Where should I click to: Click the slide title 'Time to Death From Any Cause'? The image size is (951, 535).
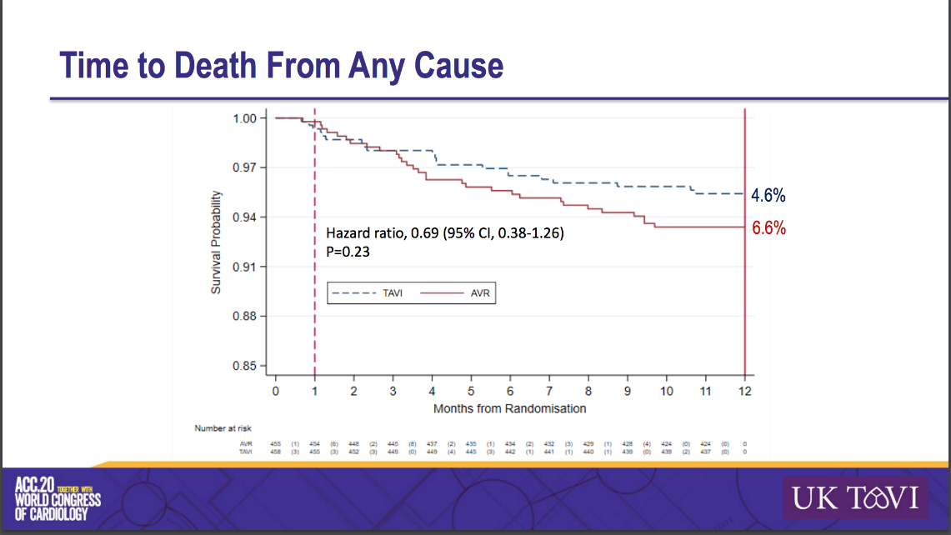coord(283,67)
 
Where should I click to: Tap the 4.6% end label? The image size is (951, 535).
coord(768,196)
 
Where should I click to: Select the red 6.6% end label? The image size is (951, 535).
coord(768,228)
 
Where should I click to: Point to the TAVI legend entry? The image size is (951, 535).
coord(370,292)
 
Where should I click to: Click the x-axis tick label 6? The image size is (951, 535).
coord(510,391)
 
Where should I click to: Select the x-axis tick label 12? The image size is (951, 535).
coord(744,391)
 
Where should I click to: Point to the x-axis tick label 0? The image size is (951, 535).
coord(276,391)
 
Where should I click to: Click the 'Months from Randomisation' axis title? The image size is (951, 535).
coord(509,408)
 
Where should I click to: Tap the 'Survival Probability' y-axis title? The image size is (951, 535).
coord(216,242)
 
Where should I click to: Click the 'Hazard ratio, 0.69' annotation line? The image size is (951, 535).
coord(444,233)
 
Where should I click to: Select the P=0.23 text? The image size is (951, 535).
coord(348,249)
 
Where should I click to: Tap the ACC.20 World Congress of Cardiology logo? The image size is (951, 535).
coord(58,498)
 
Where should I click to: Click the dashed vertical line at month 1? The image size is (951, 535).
coord(315,333)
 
